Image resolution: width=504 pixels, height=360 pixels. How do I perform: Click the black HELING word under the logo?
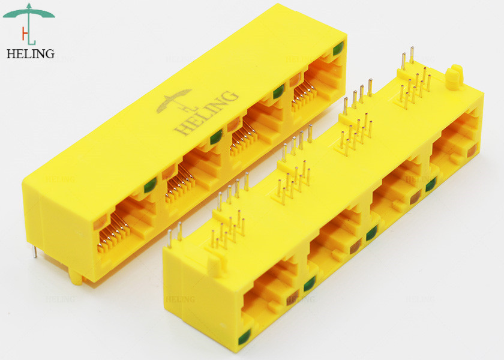(31, 53)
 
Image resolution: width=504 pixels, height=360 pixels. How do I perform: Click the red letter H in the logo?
(25, 33)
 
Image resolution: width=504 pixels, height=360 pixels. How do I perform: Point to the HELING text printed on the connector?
(206, 113)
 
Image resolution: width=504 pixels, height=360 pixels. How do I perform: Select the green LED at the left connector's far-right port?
(338, 49)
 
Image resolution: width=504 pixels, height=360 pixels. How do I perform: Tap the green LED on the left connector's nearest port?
(150, 185)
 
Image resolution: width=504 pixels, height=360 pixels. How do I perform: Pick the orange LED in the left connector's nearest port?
(100, 223)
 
